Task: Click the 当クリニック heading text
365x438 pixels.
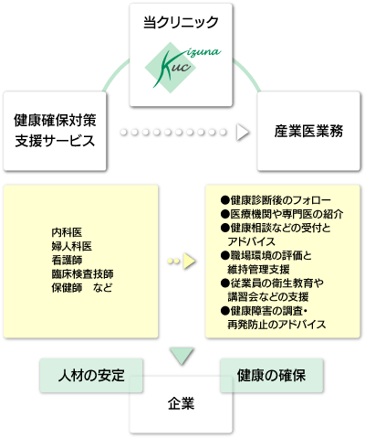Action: [181, 22]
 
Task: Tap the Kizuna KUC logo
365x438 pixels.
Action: [182, 68]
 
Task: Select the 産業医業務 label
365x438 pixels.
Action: [308, 131]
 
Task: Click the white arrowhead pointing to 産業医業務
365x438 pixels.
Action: [243, 132]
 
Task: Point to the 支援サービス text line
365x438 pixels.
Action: [55, 141]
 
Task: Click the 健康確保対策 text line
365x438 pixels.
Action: [55, 120]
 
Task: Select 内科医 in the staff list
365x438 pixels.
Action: [67, 232]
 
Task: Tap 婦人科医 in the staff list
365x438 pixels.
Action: [72, 246]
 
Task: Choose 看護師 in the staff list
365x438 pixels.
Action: [67, 260]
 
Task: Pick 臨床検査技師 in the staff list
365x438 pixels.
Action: [82, 273]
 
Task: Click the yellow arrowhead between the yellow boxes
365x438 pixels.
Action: [189, 261]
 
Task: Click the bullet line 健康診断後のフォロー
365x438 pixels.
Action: [276, 200]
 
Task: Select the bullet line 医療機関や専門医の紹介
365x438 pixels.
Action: [282, 214]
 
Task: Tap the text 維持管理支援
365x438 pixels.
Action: [258, 269]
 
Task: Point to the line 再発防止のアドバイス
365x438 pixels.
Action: [276, 325]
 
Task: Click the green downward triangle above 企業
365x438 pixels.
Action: [182, 355]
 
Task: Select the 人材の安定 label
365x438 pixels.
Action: [91, 375]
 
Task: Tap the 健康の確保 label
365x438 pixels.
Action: [271, 375]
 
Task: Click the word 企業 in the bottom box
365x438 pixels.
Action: [181, 403]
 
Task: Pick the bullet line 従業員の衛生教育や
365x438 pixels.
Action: [273, 283]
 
